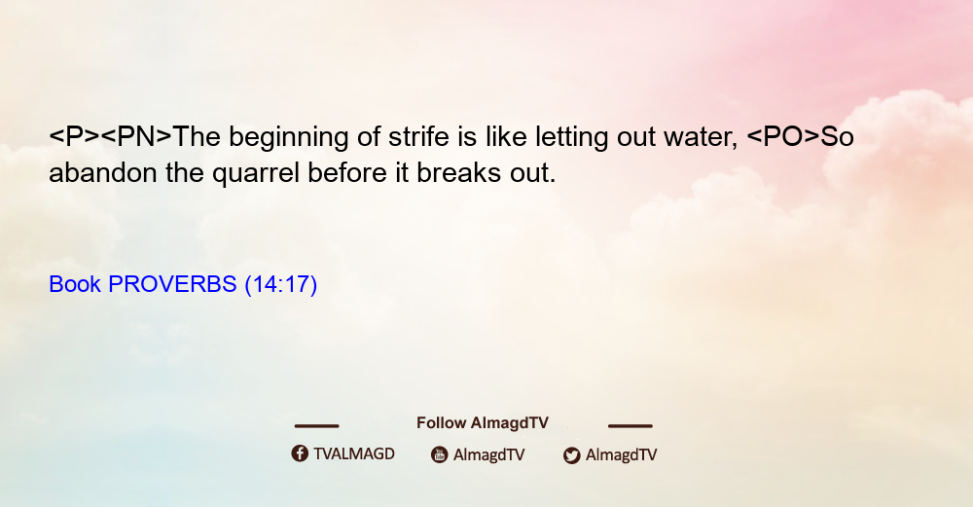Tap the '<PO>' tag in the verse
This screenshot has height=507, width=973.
(x=783, y=136)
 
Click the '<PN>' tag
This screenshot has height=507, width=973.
(x=136, y=136)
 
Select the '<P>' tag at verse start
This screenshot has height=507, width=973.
(x=75, y=136)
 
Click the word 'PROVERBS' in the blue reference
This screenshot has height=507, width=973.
(x=172, y=284)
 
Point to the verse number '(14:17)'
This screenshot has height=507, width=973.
(x=281, y=284)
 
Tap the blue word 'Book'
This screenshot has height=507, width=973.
(x=75, y=284)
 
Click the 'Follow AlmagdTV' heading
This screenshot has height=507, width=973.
(x=483, y=423)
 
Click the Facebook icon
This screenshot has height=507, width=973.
(x=300, y=453)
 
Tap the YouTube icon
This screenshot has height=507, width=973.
(x=440, y=454)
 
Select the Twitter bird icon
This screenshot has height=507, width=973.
(x=572, y=455)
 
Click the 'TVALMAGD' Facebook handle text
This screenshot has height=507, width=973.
(x=354, y=454)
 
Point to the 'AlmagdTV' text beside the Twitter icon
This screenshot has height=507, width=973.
(x=621, y=455)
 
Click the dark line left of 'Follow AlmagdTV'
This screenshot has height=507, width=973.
(x=316, y=426)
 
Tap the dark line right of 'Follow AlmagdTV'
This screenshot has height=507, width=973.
(x=630, y=426)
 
